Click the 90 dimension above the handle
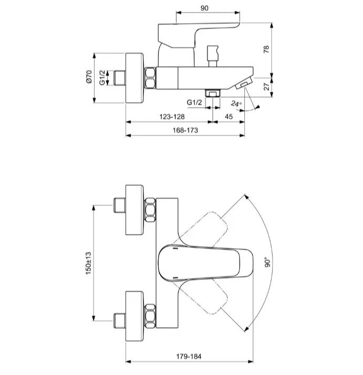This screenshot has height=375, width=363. coord(204,8)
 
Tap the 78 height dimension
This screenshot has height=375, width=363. coord(266,49)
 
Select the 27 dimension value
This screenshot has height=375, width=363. coord(266,87)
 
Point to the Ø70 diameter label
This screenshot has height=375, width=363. coord(89,77)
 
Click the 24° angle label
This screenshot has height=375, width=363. coord(236,104)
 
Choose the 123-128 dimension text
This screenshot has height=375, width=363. coord(172,117)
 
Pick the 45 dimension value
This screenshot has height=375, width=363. coord(229,117)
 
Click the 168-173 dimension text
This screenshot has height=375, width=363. coord(185,130)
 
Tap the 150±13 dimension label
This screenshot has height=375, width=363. coord(89,263)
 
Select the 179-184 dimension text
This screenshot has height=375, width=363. coord(189,357)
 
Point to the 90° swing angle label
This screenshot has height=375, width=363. coord(267,262)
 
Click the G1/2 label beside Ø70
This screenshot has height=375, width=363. coord(102,78)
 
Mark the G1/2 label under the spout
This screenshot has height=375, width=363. coord(194,102)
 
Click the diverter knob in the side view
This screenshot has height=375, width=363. coord(213,56)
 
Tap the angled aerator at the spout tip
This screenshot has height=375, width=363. coord(244,84)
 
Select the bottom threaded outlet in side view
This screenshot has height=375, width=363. coord(212,93)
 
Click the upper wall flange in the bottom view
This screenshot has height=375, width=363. coord(134,210)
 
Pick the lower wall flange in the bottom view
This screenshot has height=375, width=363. coord(134,316)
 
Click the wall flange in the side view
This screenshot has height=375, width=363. coord(134,78)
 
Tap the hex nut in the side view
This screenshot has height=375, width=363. coord(150,78)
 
